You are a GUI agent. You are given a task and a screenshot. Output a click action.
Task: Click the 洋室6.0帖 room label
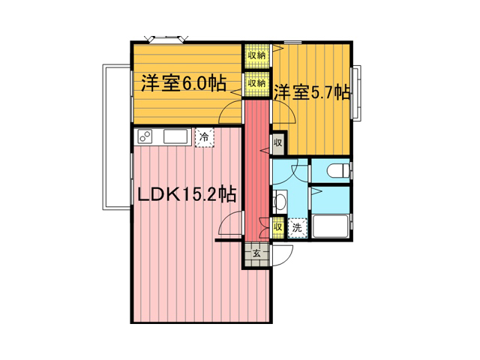[184, 83]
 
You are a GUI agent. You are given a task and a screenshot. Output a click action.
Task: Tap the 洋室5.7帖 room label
[312, 92]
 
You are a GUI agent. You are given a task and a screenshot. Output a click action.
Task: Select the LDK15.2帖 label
[187, 195]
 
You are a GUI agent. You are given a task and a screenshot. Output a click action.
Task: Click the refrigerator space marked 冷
[204, 137]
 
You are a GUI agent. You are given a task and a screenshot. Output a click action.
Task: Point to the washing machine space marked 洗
[297, 227]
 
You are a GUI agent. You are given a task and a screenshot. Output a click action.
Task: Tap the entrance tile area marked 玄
[256, 254]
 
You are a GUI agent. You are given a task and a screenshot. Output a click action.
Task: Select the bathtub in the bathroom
[330, 226]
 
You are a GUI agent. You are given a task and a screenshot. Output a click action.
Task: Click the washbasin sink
[280, 202]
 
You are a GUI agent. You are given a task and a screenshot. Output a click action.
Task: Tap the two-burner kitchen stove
[145, 136]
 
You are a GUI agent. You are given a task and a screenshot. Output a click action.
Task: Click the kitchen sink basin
[175, 136]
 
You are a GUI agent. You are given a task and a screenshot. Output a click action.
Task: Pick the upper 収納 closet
[256, 56]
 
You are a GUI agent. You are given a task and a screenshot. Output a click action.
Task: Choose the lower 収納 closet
[256, 84]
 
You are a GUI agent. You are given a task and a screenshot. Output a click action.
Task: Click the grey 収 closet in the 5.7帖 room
[278, 143]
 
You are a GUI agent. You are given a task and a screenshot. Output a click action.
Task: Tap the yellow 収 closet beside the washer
[278, 228]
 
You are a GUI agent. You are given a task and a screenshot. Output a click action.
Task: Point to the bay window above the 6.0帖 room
[166, 39]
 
